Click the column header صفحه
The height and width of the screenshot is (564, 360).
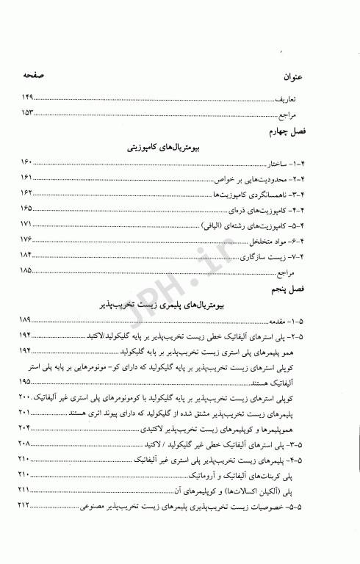pyautogui.click(x=35, y=76)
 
